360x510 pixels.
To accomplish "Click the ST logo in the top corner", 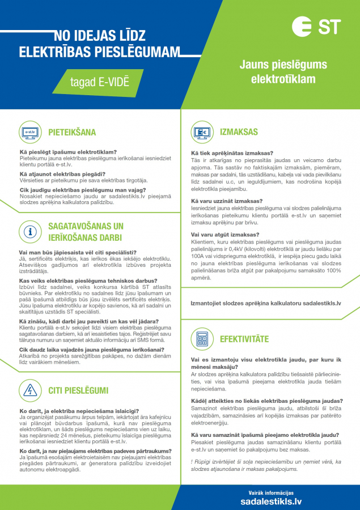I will pos(317,27).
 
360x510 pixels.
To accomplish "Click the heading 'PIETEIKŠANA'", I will pos(71,133).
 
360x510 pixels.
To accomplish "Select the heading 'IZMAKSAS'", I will pos(239,133).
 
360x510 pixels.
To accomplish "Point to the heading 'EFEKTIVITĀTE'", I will pos(244,339).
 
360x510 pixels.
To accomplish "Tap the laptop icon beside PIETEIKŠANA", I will pos(29,133).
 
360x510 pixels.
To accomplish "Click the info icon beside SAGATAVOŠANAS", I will pos(29,232).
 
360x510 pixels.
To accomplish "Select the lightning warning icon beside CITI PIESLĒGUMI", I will pos(29,390).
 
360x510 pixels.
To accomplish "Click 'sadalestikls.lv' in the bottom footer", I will pos(271,501).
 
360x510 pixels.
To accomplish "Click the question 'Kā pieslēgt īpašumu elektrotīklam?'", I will pos(68,152).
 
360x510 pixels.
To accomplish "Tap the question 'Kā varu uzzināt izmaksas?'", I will pos(227,201).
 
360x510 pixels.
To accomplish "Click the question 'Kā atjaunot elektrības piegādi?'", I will pos(62,174).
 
